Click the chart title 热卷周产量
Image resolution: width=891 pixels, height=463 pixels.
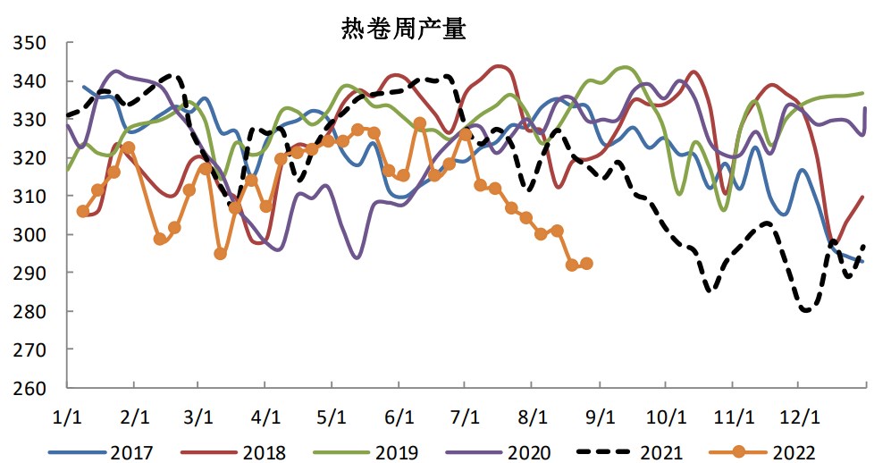403,29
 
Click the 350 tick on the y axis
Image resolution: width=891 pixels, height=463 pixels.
32,43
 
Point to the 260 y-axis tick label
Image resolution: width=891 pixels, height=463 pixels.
32,389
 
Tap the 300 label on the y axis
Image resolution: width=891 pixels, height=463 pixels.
32,235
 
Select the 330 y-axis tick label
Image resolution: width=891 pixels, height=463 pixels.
32,120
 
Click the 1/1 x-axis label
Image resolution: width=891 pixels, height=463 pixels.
68,417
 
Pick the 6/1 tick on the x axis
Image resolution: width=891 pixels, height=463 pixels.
399,417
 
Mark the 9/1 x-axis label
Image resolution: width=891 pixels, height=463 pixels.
600,417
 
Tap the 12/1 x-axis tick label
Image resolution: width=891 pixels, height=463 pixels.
799,417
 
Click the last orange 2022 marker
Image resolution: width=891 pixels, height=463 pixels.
587,264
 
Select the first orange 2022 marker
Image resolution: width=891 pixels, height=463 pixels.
83,211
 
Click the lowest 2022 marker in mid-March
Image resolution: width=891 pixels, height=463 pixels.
221,254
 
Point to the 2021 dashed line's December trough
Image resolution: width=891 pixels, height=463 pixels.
806,310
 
